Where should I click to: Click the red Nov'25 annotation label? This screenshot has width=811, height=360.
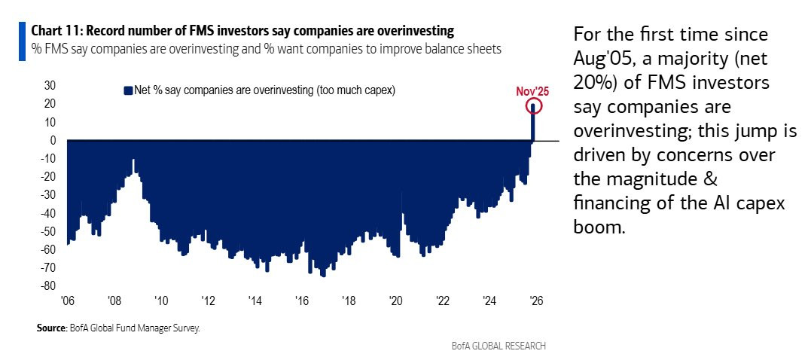532,91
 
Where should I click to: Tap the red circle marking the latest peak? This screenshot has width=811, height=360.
534,106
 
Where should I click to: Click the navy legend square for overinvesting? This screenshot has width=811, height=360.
127,90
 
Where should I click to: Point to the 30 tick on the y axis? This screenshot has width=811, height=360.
51,85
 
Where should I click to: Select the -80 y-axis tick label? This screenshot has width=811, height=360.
49,286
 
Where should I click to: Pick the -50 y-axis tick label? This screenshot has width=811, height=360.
49,231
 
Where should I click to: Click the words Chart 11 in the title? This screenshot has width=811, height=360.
53,31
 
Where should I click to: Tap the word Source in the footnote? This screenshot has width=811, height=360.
50,328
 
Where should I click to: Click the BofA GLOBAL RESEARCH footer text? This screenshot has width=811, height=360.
499,346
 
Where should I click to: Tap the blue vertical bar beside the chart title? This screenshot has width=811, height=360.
21,39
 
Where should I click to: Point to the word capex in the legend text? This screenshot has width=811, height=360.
378,90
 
